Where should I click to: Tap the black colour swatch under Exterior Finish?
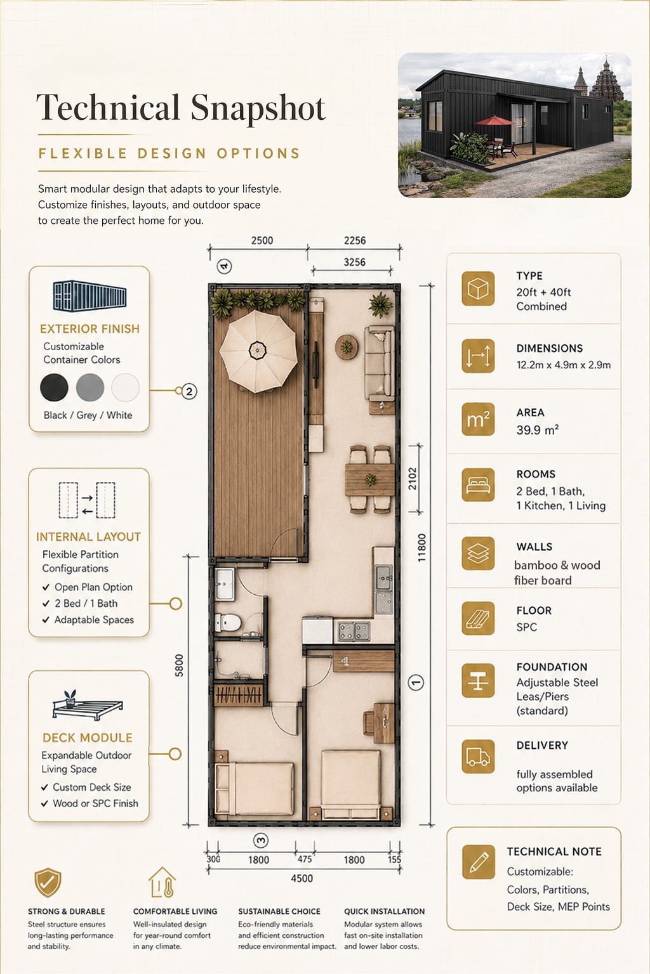54,387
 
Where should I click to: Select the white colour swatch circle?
126,387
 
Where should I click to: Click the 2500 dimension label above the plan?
262,240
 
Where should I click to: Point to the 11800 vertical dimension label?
421,547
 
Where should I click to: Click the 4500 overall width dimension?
302,878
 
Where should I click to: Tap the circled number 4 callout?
224,266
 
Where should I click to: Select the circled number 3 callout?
261,840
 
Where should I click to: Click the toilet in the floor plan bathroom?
228,622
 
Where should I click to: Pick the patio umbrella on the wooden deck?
258,351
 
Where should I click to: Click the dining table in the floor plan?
369,479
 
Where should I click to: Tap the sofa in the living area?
380,363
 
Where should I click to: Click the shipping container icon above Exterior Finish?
90,296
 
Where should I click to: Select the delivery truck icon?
478,756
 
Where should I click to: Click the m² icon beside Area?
478,420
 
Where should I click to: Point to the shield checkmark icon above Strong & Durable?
48,883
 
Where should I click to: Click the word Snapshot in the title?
258,108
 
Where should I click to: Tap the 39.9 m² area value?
538,430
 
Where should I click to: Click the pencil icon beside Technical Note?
479,862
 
